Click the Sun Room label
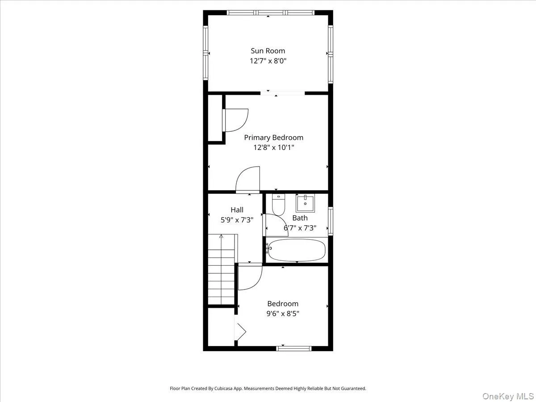click(268, 51)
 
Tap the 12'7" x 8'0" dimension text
click(268, 61)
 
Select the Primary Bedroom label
click(273, 138)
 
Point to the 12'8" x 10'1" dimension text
click(273, 147)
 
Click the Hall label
click(237, 209)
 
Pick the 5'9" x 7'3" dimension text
click(237, 219)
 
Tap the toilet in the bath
click(278, 205)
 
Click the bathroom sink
click(306, 204)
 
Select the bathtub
click(297, 250)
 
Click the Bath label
click(300, 218)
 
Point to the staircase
click(221, 270)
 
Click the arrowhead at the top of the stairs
click(221, 236)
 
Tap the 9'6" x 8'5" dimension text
click(283, 313)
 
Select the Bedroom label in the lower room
click(283, 304)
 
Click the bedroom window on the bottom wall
click(294, 348)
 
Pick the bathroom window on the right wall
click(331, 221)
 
